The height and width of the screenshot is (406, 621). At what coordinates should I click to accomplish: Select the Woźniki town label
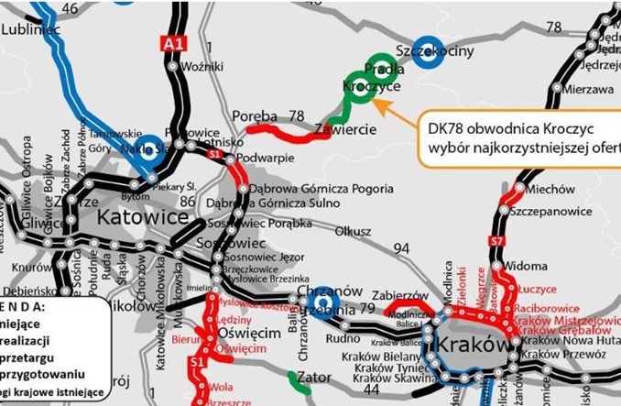click(x=204, y=67)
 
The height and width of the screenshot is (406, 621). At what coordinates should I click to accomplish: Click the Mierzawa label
click(x=588, y=90)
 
